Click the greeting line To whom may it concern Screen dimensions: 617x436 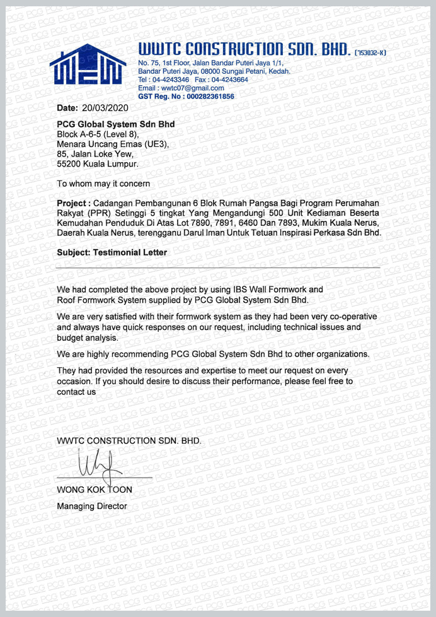pyautogui.click(x=103, y=184)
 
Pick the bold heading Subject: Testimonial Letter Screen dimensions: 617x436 pyautogui.click(x=112, y=252)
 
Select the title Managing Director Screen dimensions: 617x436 pyautogui.click(x=91, y=506)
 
